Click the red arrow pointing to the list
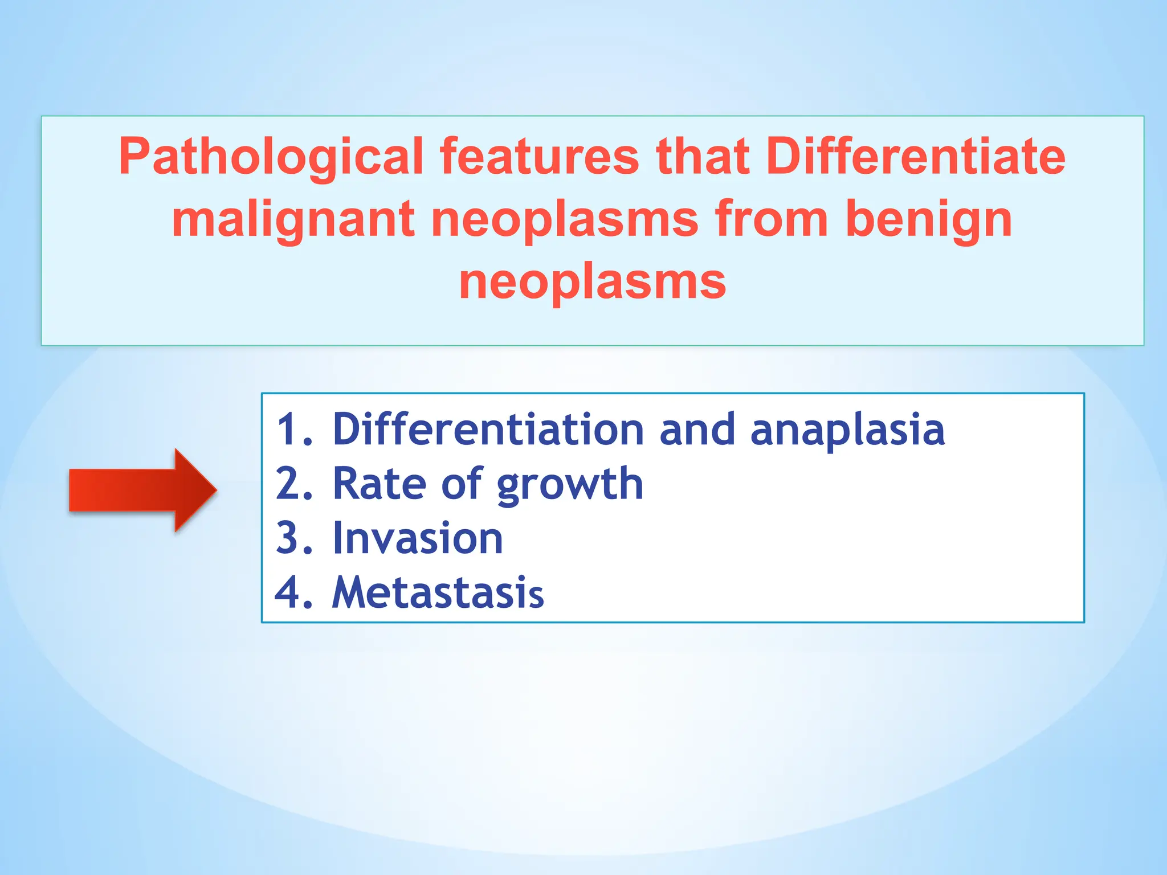pyautogui.click(x=142, y=490)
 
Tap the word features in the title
pyautogui.click(x=539, y=157)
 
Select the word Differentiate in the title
pyautogui.click(x=915, y=157)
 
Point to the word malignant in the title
pyautogui.click(x=293, y=219)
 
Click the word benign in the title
pyautogui.click(x=928, y=219)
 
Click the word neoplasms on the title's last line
pyautogui.click(x=592, y=282)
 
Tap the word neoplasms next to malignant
pyautogui.click(x=564, y=219)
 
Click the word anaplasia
pyautogui.click(x=847, y=430)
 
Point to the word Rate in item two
pyautogui.click(x=379, y=484)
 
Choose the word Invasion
pyautogui.click(x=418, y=538)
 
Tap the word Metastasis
pyautogui.click(x=438, y=593)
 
